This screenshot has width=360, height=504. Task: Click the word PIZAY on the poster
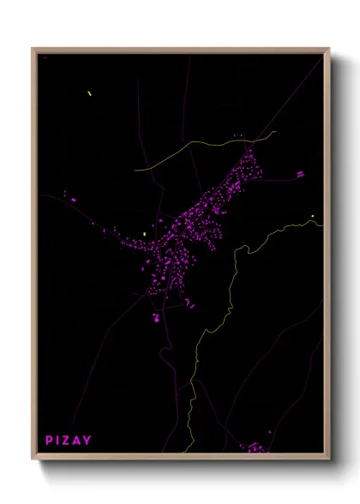69,441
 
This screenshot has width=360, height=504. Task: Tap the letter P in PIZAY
50,441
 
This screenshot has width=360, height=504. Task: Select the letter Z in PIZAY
68,441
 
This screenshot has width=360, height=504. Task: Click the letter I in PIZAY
59,441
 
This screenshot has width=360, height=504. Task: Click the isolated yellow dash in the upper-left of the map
88,93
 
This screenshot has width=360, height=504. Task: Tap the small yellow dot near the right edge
313,216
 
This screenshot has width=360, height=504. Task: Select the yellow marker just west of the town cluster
146,233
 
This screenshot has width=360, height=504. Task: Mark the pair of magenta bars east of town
300,174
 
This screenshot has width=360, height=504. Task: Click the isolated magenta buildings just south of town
158,318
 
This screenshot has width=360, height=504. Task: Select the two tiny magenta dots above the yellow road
238,135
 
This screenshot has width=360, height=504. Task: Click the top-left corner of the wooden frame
33,49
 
